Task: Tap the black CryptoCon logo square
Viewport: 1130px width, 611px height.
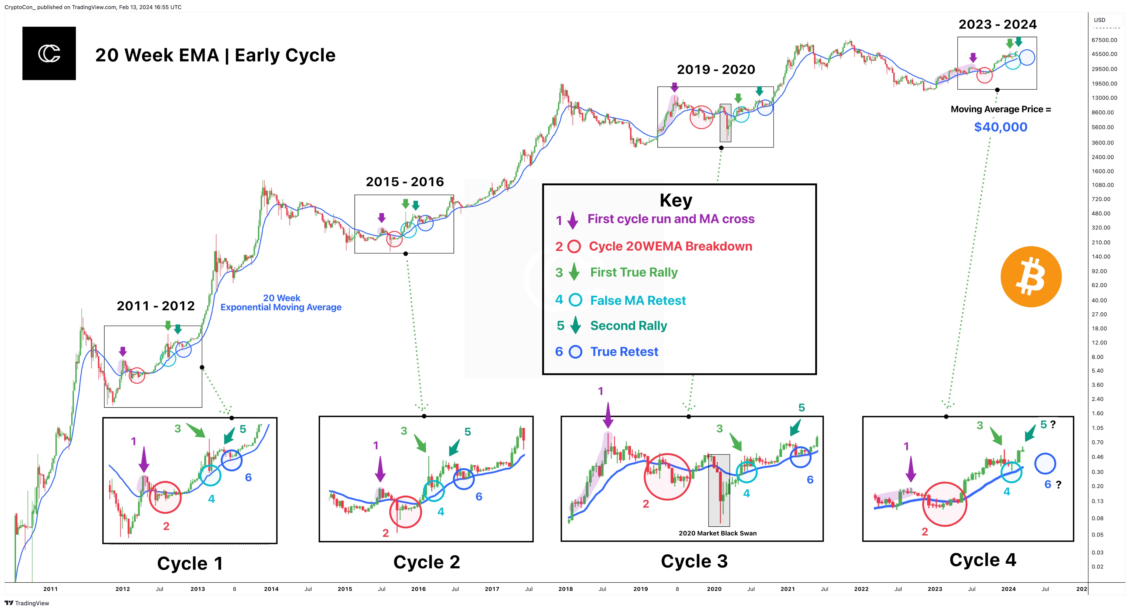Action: (x=49, y=53)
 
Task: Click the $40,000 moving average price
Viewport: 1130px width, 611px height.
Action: (x=1001, y=127)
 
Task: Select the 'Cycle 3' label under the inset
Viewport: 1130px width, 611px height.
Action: (x=694, y=561)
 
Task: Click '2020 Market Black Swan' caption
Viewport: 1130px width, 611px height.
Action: (x=718, y=534)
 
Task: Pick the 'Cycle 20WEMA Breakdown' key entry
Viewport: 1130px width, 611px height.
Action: (x=670, y=246)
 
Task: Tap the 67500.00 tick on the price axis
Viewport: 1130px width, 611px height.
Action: (x=1105, y=40)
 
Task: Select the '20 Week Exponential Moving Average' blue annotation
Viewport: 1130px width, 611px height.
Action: (x=281, y=302)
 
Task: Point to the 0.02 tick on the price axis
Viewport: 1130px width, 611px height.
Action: (x=1097, y=566)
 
